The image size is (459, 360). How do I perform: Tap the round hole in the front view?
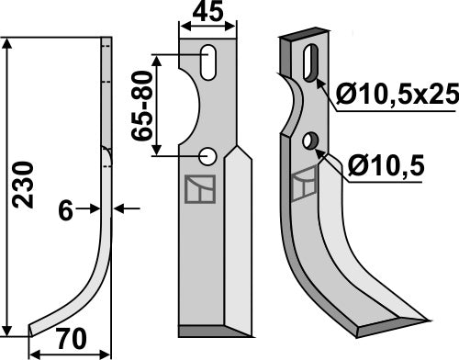(209, 156)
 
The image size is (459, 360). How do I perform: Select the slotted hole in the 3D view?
(310, 63)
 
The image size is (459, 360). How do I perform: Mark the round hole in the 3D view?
(311, 141)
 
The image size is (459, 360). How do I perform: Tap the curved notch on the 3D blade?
(294, 109)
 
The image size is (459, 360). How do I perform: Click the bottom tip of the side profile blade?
(31, 331)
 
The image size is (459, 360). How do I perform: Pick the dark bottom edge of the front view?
(207, 330)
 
